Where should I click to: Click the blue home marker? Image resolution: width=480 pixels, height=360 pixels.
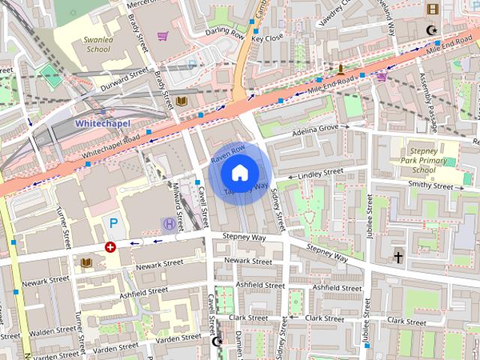point(238,173)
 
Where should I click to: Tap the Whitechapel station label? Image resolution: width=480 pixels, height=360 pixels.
point(103,122)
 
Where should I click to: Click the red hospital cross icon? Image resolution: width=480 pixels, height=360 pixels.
point(110,246)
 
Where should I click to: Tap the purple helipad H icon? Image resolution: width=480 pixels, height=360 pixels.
point(169,223)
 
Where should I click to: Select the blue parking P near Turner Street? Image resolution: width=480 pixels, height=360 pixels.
point(114,223)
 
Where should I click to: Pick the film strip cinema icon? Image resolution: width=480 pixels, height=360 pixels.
point(432,9)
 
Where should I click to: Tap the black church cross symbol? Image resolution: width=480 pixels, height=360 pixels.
point(398,257)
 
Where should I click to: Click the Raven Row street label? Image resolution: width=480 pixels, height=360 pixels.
point(228,154)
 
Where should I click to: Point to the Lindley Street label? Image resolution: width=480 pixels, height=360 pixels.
point(320,174)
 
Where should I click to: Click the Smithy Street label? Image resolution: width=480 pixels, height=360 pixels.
point(430,184)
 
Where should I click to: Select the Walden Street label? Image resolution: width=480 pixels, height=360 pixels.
point(52,331)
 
